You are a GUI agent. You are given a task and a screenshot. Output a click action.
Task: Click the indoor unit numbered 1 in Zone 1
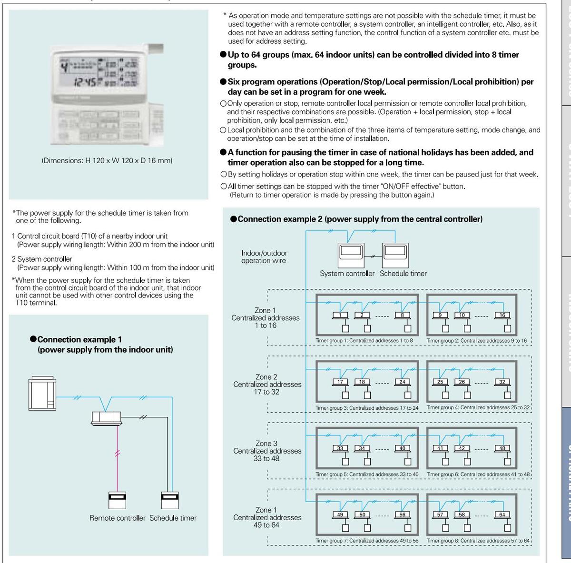click(x=340, y=315)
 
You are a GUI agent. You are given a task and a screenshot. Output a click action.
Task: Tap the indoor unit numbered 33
click(x=340, y=448)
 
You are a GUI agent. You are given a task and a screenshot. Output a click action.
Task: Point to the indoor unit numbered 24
click(x=403, y=382)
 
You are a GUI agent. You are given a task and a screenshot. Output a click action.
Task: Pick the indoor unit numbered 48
click(x=502, y=448)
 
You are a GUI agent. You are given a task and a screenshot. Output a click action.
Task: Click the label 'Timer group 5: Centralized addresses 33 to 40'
click(x=367, y=474)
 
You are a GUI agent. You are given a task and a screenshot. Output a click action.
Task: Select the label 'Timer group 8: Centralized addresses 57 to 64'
click(x=478, y=541)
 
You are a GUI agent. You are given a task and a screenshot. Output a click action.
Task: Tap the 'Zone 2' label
click(x=266, y=377)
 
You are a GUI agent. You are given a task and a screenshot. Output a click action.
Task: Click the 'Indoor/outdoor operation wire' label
click(x=264, y=257)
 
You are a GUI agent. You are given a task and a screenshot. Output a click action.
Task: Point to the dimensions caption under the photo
click(x=107, y=161)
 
